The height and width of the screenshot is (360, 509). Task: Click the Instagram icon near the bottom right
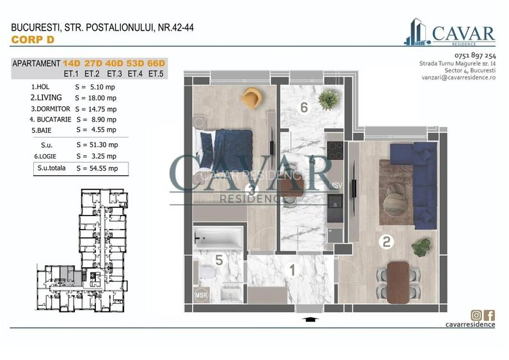pyautogui.click(x=476, y=315)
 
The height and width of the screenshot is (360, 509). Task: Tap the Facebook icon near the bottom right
pyautogui.click(x=489, y=315)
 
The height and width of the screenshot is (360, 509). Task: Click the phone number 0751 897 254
pyautogui.click(x=474, y=56)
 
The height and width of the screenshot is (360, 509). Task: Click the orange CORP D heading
pyautogui.click(x=33, y=40)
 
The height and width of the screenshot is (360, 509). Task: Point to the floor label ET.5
pyautogui.click(x=155, y=74)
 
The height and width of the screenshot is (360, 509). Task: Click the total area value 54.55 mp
pyautogui.click(x=97, y=169)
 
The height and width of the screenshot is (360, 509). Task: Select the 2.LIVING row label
pyautogui.click(x=46, y=98)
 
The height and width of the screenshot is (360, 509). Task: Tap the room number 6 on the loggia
pyautogui.click(x=304, y=108)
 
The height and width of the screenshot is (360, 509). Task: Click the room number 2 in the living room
pyautogui.click(x=386, y=242)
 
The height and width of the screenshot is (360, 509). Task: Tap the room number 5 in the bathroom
pyautogui.click(x=218, y=260)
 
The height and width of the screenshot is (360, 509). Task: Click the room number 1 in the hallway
pyautogui.click(x=292, y=270)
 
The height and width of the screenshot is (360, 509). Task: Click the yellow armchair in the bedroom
pyautogui.click(x=252, y=98)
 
